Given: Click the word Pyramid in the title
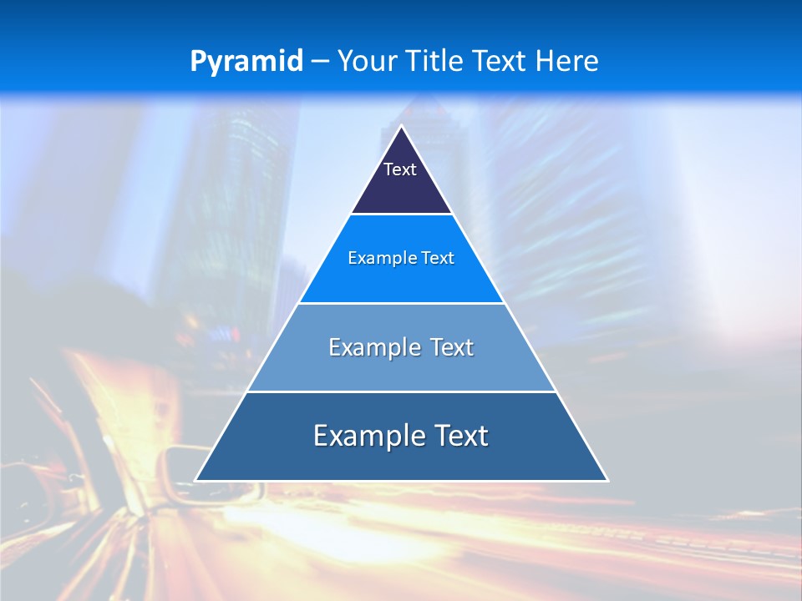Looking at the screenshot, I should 246,62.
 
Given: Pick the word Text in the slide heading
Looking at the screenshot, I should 501,62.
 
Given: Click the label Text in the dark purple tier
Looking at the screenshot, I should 400,169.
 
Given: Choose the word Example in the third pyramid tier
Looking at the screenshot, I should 372,347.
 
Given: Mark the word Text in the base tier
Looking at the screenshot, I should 459,436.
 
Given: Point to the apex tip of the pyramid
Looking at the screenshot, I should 402,127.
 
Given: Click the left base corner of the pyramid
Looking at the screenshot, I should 196,480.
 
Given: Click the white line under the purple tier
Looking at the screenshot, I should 401,215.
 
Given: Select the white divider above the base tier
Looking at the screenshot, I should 401,391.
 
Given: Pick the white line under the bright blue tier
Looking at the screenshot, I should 401,303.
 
